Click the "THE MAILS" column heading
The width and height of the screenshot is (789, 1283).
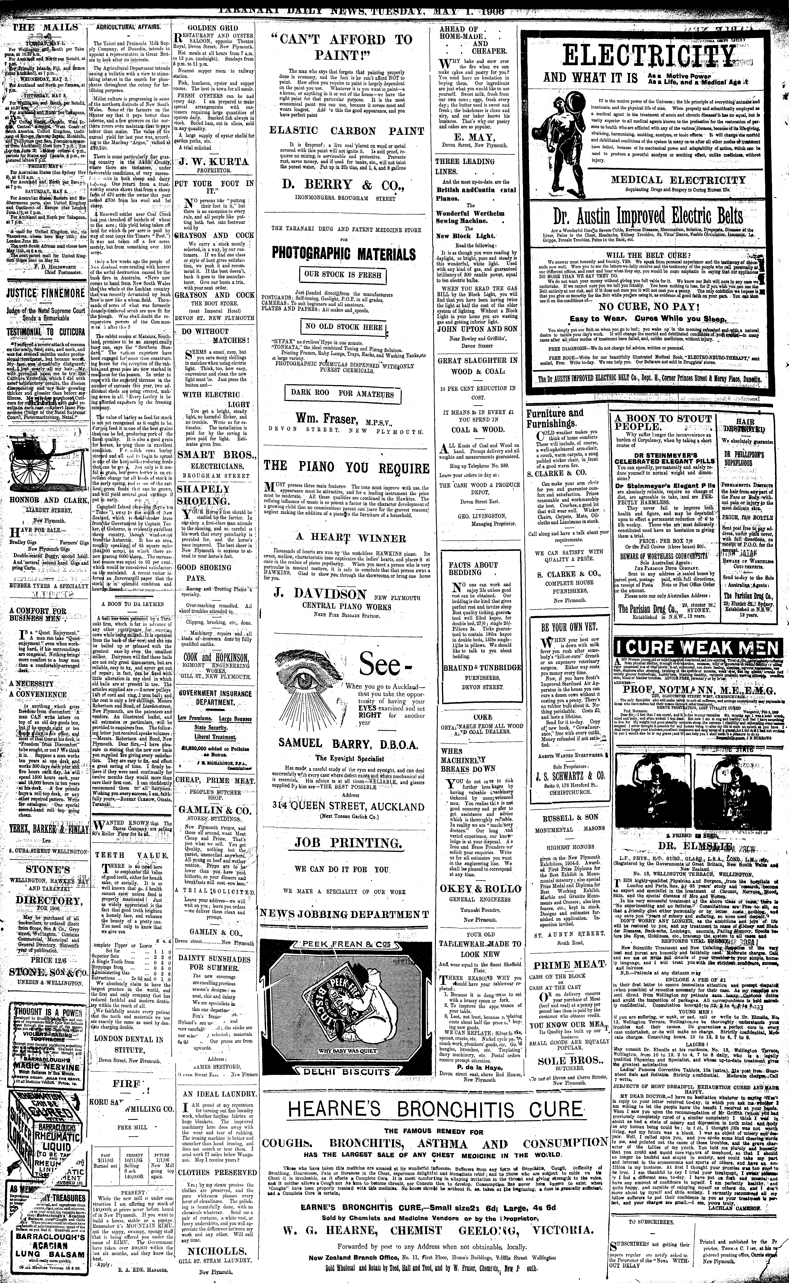click(40, 28)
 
